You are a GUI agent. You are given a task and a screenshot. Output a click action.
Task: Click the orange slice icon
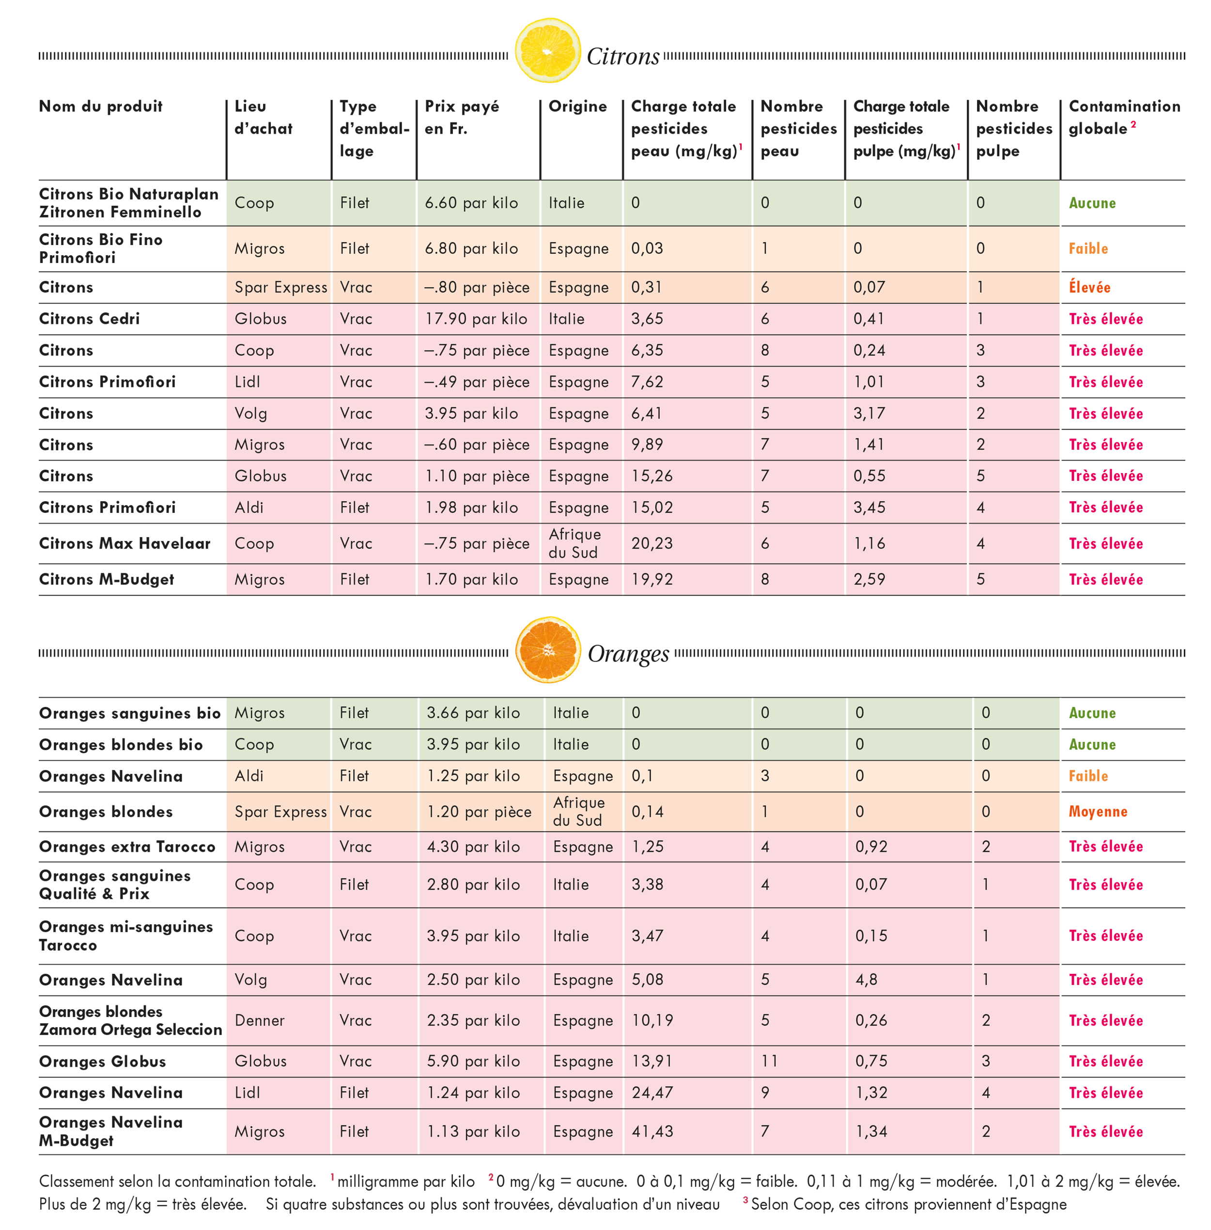pyautogui.click(x=548, y=649)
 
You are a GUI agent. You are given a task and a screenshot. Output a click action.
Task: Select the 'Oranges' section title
pyautogui.click(x=628, y=653)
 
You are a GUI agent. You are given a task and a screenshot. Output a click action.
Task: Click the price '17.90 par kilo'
pyautogui.click(x=476, y=319)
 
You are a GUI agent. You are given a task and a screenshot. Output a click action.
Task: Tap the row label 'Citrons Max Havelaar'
pyautogui.click(x=124, y=543)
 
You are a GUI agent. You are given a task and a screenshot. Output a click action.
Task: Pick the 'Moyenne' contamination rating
pyautogui.click(x=1098, y=812)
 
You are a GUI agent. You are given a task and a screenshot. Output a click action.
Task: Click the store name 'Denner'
pyautogui.click(x=260, y=1020)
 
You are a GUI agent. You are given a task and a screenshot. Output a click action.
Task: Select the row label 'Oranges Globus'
pyautogui.click(x=102, y=1061)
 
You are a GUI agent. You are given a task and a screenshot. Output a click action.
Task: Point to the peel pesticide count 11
pyautogui.click(x=769, y=1061)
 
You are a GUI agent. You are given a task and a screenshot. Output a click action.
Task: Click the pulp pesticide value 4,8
pyautogui.click(x=866, y=980)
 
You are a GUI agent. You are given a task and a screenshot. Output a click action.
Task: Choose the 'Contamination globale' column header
pyautogui.click(x=1124, y=117)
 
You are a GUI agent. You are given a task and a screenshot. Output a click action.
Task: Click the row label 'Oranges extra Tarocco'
pyautogui.click(x=127, y=846)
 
